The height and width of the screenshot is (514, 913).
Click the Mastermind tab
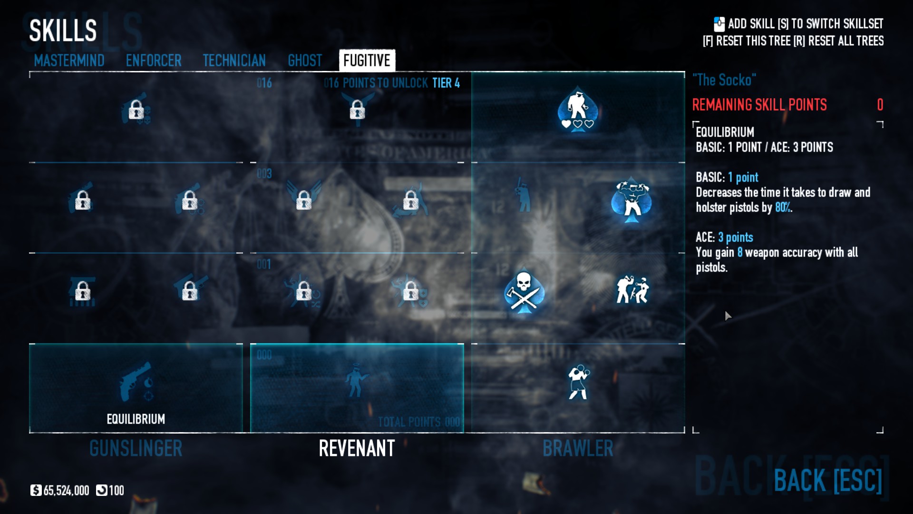pyautogui.click(x=69, y=61)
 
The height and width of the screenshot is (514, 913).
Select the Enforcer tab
pyautogui.click(x=154, y=61)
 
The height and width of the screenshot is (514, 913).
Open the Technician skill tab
pyautogui.click(x=234, y=61)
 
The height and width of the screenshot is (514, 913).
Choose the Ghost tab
pyautogui.click(x=305, y=61)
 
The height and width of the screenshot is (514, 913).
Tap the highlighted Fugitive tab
pyautogui.click(x=367, y=61)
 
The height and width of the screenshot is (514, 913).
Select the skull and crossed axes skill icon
pyautogui.click(x=524, y=291)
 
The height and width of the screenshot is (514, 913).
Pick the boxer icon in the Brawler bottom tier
pyautogui.click(x=578, y=382)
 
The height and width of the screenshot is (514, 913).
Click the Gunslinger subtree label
pyautogui.click(x=136, y=448)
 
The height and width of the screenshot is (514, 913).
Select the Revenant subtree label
pyautogui.click(x=357, y=448)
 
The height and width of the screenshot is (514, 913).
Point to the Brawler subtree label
pyautogui.click(x=578, y=448)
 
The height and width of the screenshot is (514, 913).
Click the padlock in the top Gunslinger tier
pyautogui.click(x=136, y=110)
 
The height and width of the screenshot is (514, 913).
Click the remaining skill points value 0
pyautogui.click(x=880, y=105)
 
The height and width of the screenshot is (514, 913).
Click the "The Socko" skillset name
pyautogui.click(x=724, y=80)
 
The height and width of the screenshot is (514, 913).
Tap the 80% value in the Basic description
pyautogui.click(x=783, y=208)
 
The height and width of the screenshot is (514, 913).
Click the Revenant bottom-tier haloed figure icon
pyautogui.click(x=356, y=381)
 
